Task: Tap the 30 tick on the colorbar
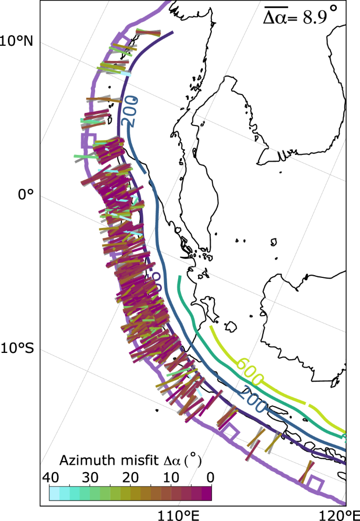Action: pos(90,478)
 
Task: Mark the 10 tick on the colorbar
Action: pos(171,478)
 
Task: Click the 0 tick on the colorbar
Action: pos(210,478)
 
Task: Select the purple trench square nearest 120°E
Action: pos(316,484)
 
